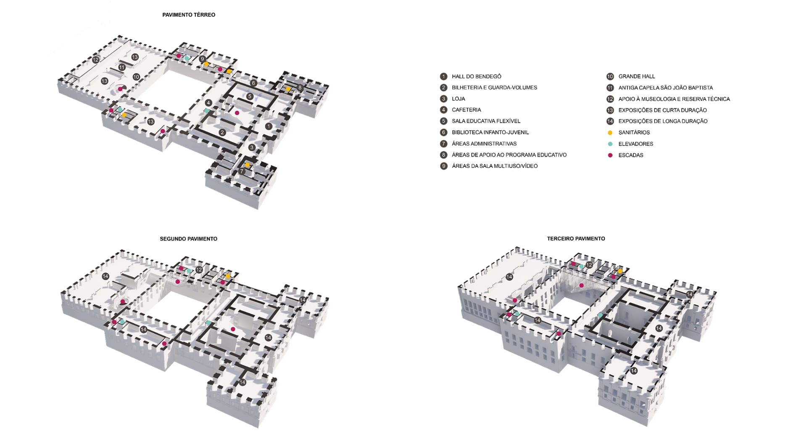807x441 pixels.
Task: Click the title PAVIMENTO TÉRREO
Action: click(189, 15)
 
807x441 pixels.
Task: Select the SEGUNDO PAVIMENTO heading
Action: click(188, 239)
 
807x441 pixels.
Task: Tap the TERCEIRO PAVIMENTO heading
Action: click(576, 239)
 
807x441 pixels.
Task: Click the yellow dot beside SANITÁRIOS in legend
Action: click(610, 133)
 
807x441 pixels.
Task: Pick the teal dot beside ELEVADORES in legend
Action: click(610, 144)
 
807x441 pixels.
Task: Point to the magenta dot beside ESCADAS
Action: click(610, 155)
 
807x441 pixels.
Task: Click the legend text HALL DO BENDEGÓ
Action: click(476, 76)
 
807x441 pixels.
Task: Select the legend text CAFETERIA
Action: click(466, 110)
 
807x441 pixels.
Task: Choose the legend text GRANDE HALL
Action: click(636, 76)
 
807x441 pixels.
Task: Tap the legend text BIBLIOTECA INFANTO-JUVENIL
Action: click(490, 132)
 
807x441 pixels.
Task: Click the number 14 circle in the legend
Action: click(610, 121)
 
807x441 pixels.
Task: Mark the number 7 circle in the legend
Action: click(443, 144)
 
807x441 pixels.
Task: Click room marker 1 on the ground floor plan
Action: click(269, 126)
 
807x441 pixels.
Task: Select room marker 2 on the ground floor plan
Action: click(222, 133)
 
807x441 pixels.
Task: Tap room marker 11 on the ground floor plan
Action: click(122, 67)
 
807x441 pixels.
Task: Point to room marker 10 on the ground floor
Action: click(136, 77)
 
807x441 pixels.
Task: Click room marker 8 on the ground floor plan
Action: click(300, 88)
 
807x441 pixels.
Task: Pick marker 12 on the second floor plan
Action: click(199, 270)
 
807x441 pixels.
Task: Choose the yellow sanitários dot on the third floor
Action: click(620, 271)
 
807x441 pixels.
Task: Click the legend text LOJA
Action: click(458, 99)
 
